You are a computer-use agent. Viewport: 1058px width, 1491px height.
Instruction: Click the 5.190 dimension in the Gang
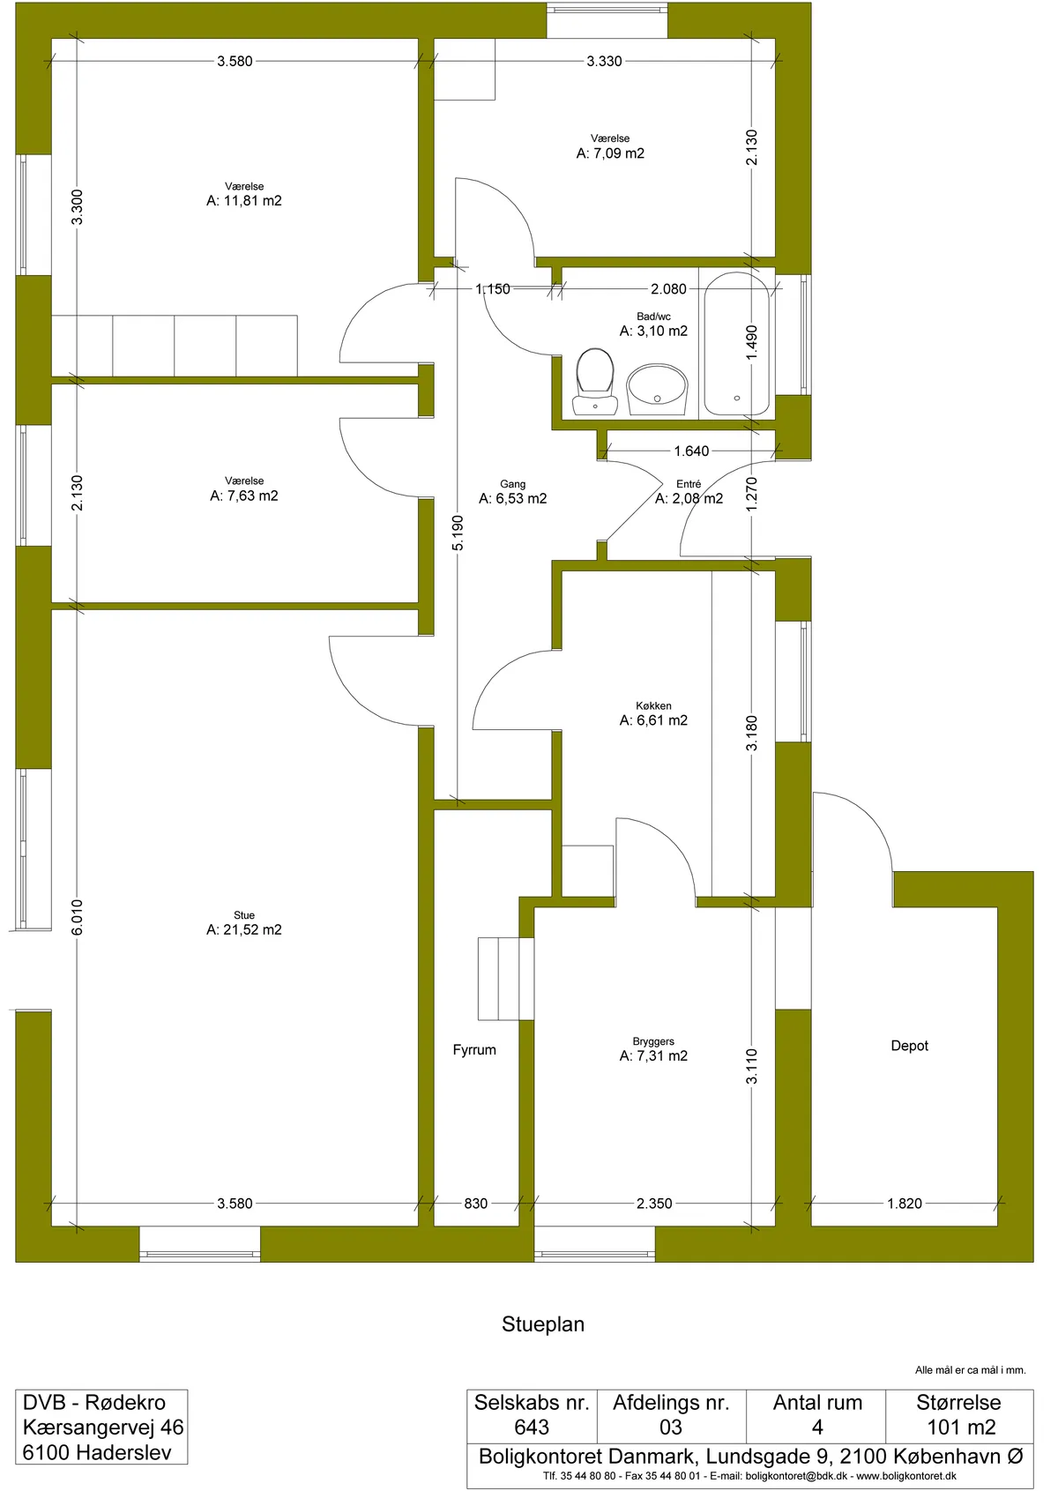coord(458,533)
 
